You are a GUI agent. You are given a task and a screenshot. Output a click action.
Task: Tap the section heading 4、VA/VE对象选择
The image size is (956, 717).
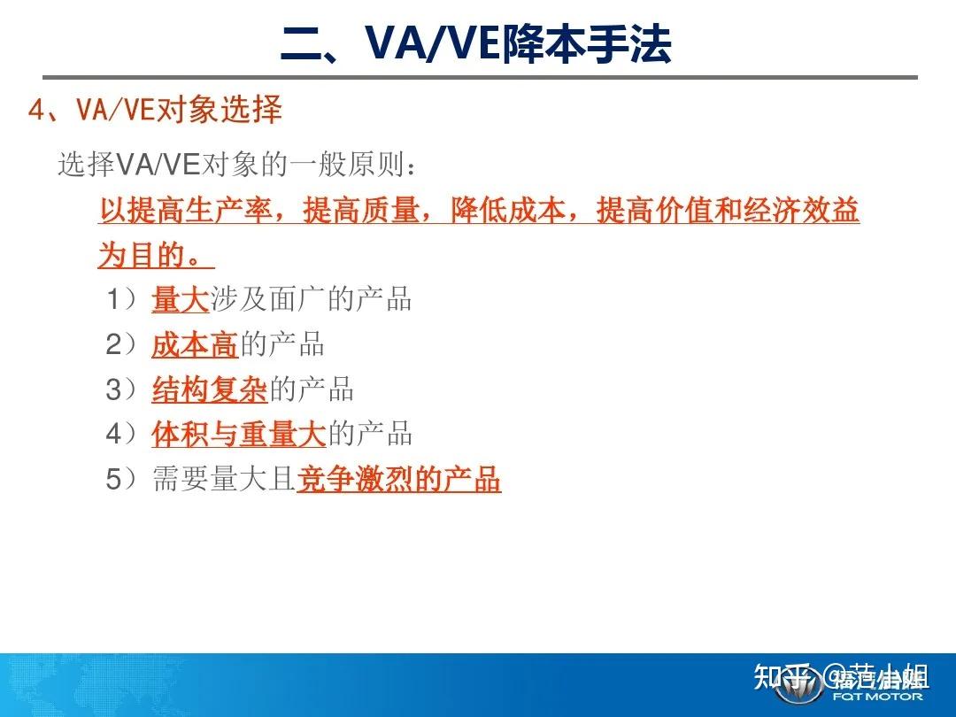click(156, 110)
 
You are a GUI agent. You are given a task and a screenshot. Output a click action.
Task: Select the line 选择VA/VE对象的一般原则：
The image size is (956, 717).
click(235, 165)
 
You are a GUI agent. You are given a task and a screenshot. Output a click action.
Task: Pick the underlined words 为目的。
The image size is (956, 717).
click(156, 256)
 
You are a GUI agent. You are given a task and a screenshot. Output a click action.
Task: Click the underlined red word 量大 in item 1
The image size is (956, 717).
click(181, 300)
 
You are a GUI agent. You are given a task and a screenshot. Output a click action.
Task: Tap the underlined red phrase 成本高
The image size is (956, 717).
click(195, 345)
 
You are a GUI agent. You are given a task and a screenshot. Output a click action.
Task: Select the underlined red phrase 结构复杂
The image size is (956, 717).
click(210, 389)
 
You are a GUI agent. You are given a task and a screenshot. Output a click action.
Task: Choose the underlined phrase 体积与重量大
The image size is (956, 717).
click(239, 435)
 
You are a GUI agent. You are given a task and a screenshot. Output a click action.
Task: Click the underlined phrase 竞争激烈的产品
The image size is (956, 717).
click(399, 480)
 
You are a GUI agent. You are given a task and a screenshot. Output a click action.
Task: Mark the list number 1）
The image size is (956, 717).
click(122, 300)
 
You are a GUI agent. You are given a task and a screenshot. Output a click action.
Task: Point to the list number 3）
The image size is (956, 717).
click(122, 389)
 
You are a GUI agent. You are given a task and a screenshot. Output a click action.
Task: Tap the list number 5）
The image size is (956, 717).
click(122, 480)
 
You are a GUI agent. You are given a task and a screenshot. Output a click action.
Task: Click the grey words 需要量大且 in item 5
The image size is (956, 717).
click(224, 480)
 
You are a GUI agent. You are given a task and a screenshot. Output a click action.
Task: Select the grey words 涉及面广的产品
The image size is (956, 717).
click(312, 300)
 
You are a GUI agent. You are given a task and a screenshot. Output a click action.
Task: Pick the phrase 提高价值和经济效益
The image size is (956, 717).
click(728, 212)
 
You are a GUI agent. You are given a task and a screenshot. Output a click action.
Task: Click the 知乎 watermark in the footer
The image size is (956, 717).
click(779, 679)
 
